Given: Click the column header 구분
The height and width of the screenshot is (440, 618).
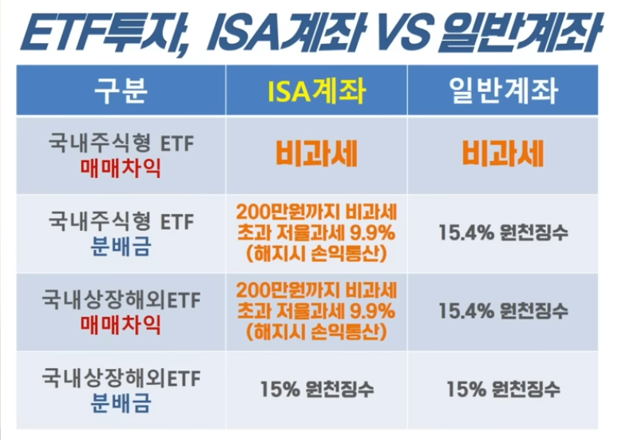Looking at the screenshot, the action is click(121, 91).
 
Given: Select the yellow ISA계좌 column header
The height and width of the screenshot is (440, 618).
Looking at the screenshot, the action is click(316, 91).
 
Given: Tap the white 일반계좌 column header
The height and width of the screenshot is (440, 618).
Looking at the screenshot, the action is click(503, 91).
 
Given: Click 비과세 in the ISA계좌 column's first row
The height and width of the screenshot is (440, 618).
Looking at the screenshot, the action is click(316, 154).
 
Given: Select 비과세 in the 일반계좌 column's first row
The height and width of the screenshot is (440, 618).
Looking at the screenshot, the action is click(503, 154).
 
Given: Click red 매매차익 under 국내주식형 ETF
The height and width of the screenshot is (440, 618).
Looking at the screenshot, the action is click(121, 168).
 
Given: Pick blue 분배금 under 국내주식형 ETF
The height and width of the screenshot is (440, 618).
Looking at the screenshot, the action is click(121, 247).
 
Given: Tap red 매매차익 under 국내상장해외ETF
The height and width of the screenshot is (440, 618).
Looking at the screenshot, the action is click(121, 325).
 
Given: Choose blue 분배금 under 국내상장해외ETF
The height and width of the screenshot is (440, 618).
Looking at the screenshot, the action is click(121, 403).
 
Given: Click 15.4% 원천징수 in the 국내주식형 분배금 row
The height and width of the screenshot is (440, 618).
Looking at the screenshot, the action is click(503, 232).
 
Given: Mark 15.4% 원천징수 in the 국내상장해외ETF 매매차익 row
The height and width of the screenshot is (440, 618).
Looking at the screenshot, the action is click(503, 311).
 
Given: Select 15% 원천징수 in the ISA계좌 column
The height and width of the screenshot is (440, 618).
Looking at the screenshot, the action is click(317, 389).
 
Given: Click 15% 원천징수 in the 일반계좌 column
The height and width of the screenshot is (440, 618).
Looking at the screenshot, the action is click(503, 389).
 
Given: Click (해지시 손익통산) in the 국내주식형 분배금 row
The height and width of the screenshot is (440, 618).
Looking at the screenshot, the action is click(316, 254).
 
